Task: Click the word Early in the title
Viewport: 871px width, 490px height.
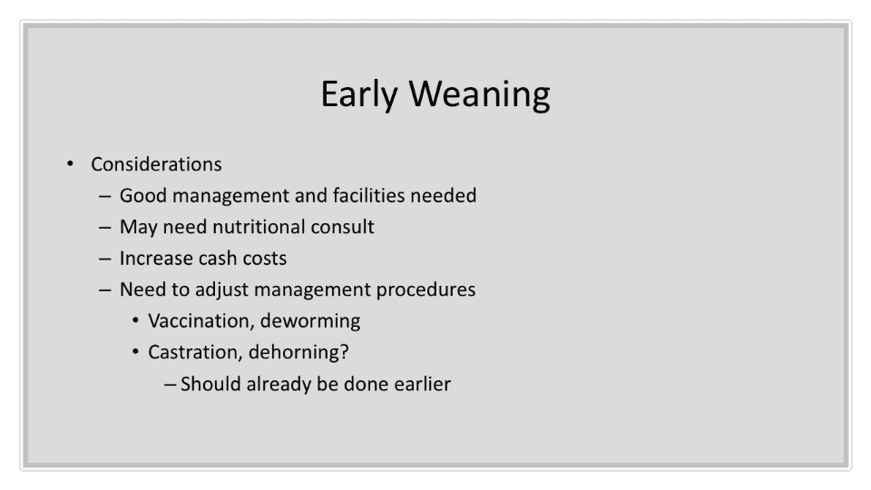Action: click(x=359, y=94)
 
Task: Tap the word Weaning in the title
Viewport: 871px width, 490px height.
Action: click(x=480, y=94)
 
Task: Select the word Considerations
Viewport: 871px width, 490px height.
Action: click(x=156, y=164)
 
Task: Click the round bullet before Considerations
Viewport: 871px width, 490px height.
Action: click(x=70, y=164)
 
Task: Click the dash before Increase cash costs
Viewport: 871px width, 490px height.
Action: click(x=104, y=259)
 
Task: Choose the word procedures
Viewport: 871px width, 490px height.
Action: click(x=426, y=290)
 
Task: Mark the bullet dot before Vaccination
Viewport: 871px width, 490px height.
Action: click(x=135, y=320)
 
